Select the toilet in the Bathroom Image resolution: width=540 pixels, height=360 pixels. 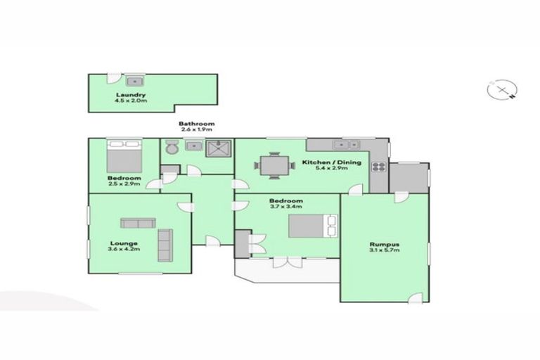[x=171, y=148]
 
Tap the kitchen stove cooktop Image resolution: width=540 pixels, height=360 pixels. [x=378, y=167]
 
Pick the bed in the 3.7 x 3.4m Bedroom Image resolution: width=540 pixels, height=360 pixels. [x=311, y=226]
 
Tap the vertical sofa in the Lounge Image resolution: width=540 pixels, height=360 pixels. [x=164, y=244]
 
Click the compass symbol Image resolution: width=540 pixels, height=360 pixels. [x=502, y=90]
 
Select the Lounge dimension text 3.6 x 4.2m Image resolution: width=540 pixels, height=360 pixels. [x=123, y=249]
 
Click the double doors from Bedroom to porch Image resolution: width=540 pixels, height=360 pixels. [x=286, y=262]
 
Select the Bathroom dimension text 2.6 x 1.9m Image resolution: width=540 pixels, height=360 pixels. [x=196, y=130]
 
